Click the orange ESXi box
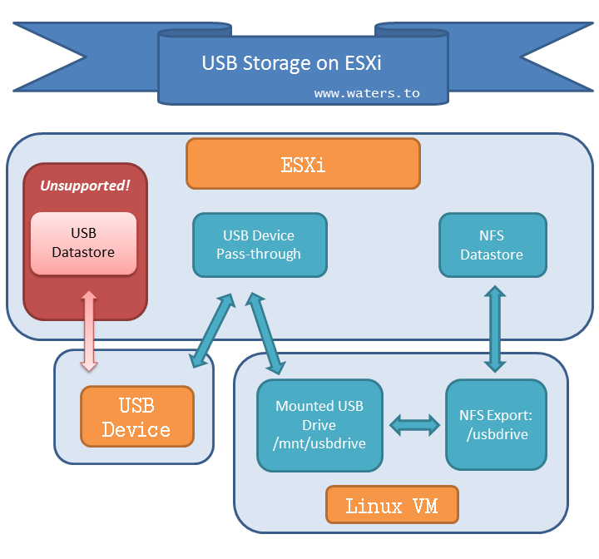(303, 164)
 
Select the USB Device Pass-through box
(260, 245)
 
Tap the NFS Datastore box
(493, 245)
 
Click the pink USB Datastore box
(83, 244)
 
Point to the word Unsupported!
(85, 186)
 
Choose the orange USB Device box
(137, 416)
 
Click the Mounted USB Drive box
(319, 425)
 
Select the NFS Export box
(496, 424)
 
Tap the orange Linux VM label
(392, 505)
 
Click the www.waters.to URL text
(367, 93)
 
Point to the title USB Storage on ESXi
(291, 63)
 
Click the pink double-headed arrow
(89, 331)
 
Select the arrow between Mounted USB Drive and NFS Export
(414, 425)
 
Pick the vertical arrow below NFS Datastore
(495, 329)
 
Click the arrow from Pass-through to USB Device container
(212, 330)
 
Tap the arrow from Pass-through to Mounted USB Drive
(265, 334)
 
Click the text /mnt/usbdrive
(319, 443)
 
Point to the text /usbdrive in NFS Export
(497, 434)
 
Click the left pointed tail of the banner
(50, 57)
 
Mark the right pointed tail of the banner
(557, 57)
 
